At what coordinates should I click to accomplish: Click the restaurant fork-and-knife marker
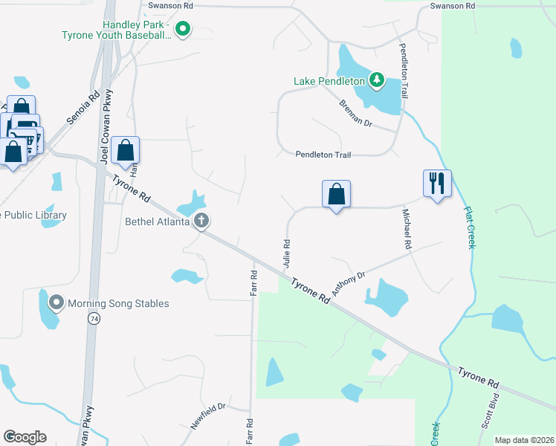point(437,183)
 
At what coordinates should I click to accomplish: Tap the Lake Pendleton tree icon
point(377,80)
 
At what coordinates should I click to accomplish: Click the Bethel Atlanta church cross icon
point(201,221)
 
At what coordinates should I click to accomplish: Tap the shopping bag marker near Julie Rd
point(336,194)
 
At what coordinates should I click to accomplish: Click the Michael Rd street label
point(407,229)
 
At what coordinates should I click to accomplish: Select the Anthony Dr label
point(349,284)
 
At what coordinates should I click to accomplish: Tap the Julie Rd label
point(286,253)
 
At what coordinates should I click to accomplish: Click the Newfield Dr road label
point(207,417)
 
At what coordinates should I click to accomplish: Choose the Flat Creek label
point(468,227)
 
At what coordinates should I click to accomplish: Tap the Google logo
point(25,436)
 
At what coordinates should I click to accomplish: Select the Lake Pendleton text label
point(329,80)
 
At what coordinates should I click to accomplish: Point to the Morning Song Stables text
point(118,303)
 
